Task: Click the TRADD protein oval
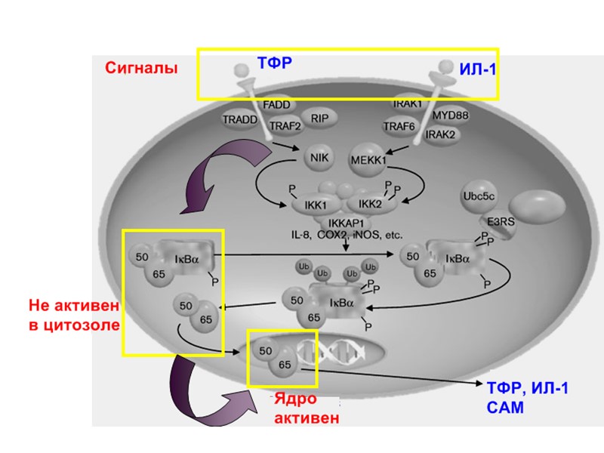tap(240, 119)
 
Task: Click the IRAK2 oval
tap(441, 134)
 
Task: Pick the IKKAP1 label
tap(347, 223)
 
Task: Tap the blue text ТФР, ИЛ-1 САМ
tap(526, 398)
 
